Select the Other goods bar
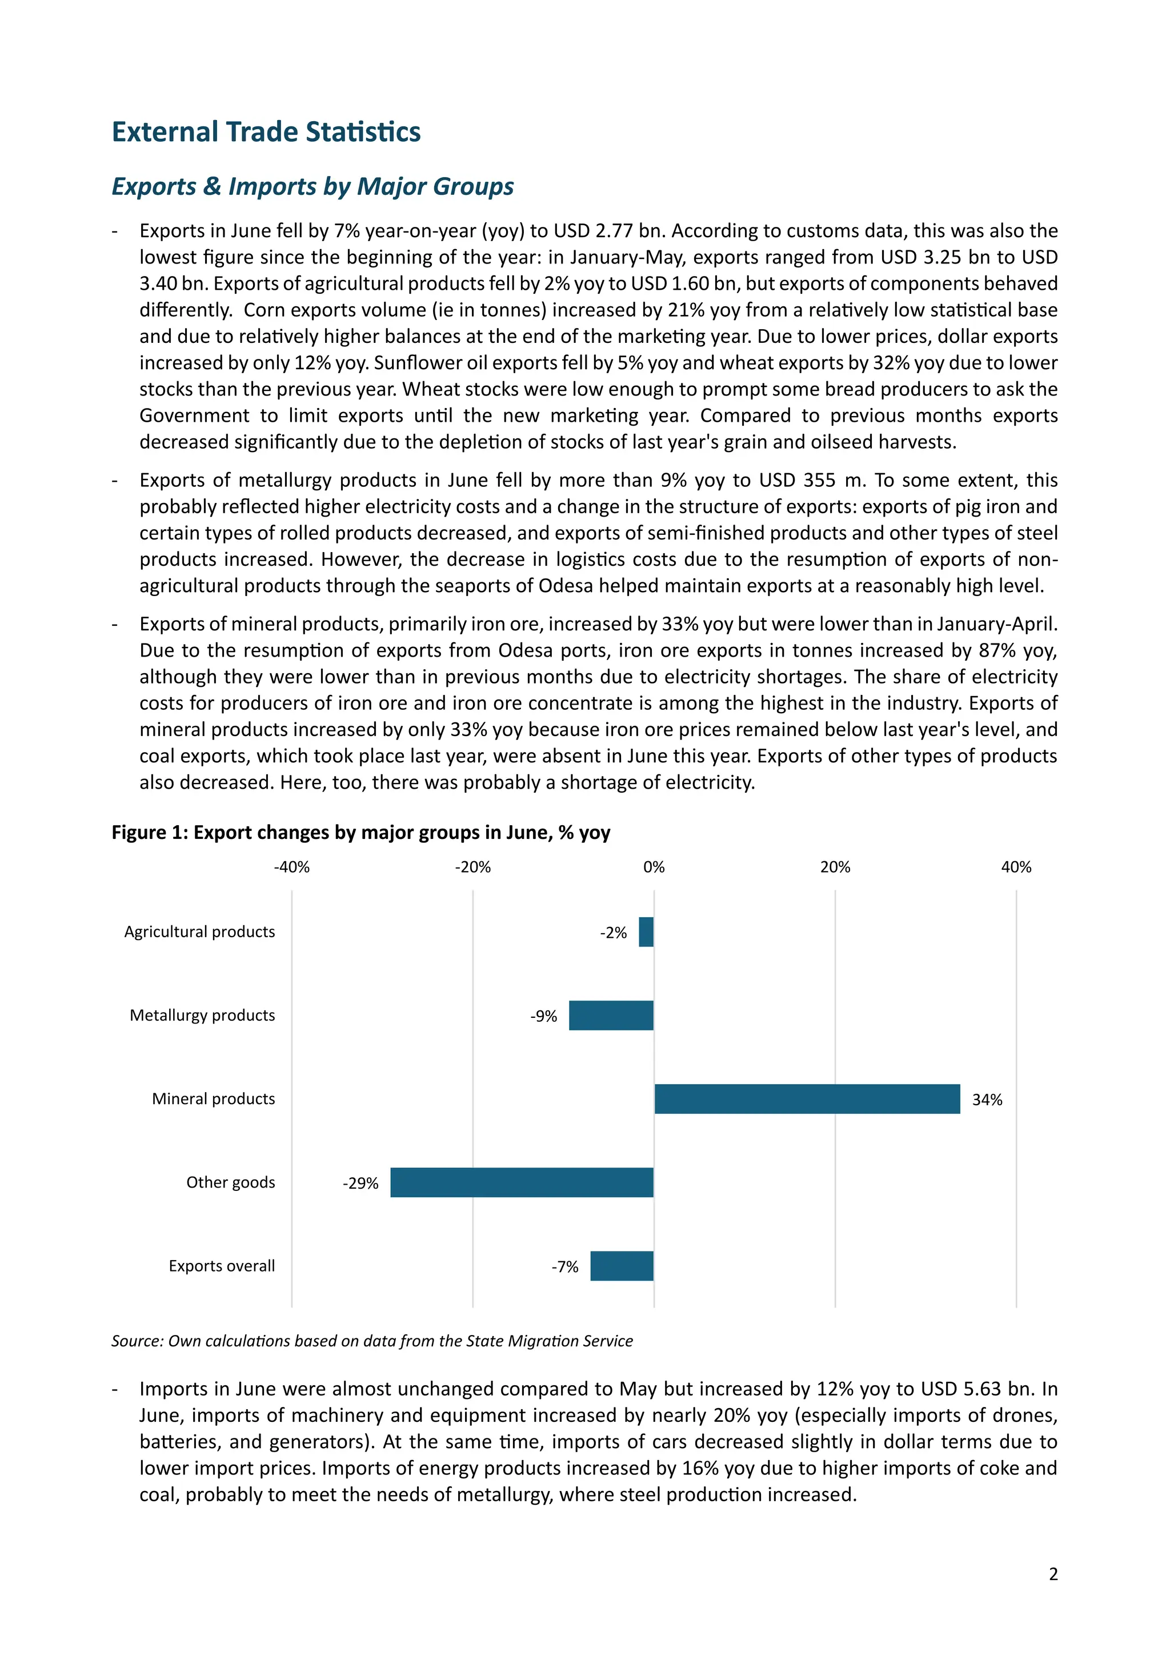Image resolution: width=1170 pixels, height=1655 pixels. pyautogui.click(x=522, y=1182)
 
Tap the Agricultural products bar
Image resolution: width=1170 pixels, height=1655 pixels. pyautogui.click(x=646, y=932)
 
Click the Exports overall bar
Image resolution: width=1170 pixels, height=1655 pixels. pyautogui.click(x=622, y=1266)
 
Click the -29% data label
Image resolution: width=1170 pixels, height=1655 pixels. pyautogui.click(x=360, y=1183)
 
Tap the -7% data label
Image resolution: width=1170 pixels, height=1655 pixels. pyautogui.click(x=565, y=1266)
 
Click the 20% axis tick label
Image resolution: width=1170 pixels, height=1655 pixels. pyautogui.click(x=835, y=867)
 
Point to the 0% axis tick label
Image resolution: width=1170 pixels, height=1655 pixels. pyautogui.click(x=654, y=867)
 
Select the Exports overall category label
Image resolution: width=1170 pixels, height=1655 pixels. pyautogui.click(x=222, y=1266)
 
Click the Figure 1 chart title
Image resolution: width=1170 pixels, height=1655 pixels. pyautogui.click(x=360, y=833)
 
